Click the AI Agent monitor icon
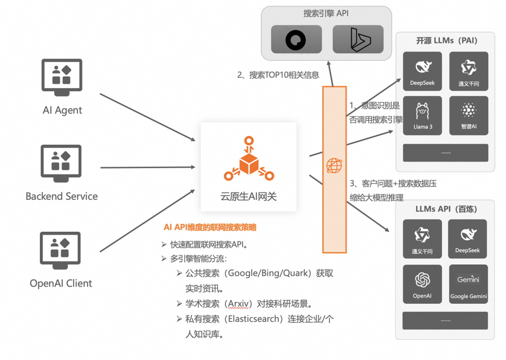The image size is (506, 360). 62,75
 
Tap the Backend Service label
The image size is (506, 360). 62,197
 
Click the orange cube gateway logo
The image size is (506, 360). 249,159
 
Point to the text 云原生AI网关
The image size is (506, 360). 249,197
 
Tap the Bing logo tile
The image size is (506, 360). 358,39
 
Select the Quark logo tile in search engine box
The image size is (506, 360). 297,39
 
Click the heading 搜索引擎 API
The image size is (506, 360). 326,14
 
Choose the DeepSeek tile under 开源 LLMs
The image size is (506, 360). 423,71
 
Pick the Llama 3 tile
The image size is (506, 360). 423,116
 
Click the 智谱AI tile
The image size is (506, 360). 469,116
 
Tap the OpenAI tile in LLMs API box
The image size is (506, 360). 422,284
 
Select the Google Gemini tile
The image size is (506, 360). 469,284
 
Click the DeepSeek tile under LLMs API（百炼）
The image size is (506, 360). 468,239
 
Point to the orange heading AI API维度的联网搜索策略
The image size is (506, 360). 210,228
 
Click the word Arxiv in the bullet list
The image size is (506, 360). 237,304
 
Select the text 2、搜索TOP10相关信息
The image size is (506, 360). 278,75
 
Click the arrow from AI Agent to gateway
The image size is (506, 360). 148,117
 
